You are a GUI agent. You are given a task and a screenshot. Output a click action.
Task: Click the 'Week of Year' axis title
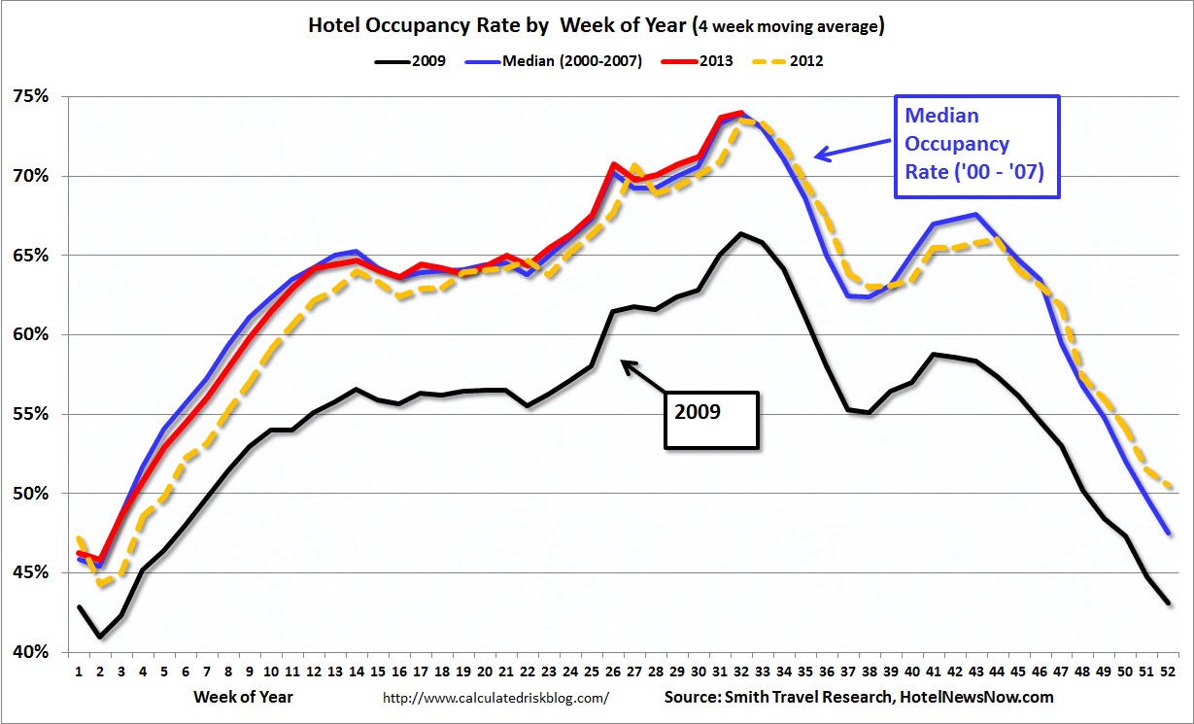click(243, 697)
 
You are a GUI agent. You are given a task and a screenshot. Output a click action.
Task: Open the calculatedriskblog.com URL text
click(495, 698)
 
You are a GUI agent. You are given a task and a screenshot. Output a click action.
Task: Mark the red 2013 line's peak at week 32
click(741, 113)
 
